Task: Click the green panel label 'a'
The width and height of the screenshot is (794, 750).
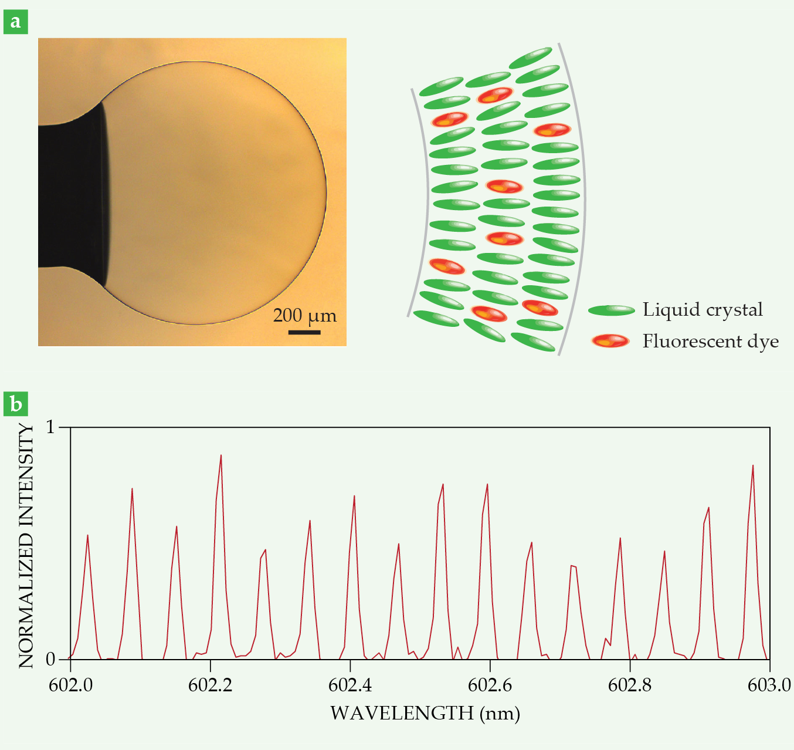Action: pyautogui.click(x=16, y=22)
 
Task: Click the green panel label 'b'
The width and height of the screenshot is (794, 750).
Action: pyautogui.click(x=16, y=404)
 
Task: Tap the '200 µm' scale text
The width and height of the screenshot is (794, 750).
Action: pyautogui.click(x=304, y=316)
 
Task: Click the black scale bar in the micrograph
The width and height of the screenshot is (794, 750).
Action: pyautogui.click(x=304, y=332)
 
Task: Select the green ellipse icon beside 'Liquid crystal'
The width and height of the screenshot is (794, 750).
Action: pyautogui.click(x=611, y=310)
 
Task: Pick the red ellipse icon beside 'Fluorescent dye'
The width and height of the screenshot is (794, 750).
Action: pyautogui.click(x=610, y=341)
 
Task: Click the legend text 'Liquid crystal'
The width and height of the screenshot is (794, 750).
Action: pyautogui.click(x=703, y=309)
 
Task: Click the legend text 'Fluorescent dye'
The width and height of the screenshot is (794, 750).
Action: pyautogui.click(x=710, y=341)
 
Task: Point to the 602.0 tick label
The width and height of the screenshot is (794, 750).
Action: pyautogui.click(x=70, y=685)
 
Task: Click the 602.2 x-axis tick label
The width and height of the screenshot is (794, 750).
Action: pyautogui.click(x=210, y=685)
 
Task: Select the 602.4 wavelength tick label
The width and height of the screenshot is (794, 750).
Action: pyautogui.click(x=350, y=685)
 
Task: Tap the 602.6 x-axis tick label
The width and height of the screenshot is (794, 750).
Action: pyautogui.click(x=490, y=685)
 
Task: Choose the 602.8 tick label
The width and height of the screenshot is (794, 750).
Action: pyautogui.click(x=630, y=685)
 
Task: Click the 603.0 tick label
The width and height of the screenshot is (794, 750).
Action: pyautogui.click(x=769, y=685)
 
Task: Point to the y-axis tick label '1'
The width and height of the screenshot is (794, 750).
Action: pyautogui.click(x=50, y=427)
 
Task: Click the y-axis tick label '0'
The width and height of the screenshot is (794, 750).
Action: pyautogui.click(x=50, y=659)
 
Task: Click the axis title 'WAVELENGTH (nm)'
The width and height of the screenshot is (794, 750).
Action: pyautogui.click(x=425, y=713)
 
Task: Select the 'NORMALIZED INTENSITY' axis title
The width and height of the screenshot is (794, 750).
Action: pyautogui.click(x=26, y=546)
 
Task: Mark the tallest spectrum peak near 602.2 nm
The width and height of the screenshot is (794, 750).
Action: pyautogui.click(x=220, y=455)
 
